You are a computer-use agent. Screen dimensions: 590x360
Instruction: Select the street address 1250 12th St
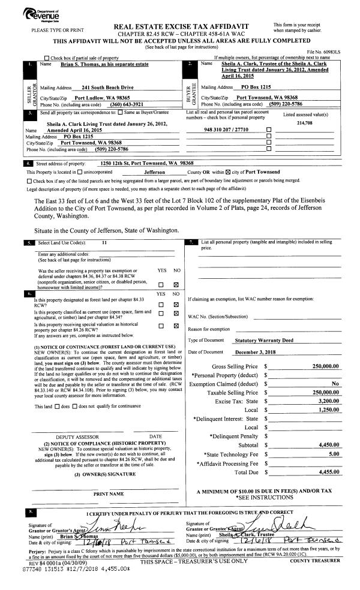coord(146,163)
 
